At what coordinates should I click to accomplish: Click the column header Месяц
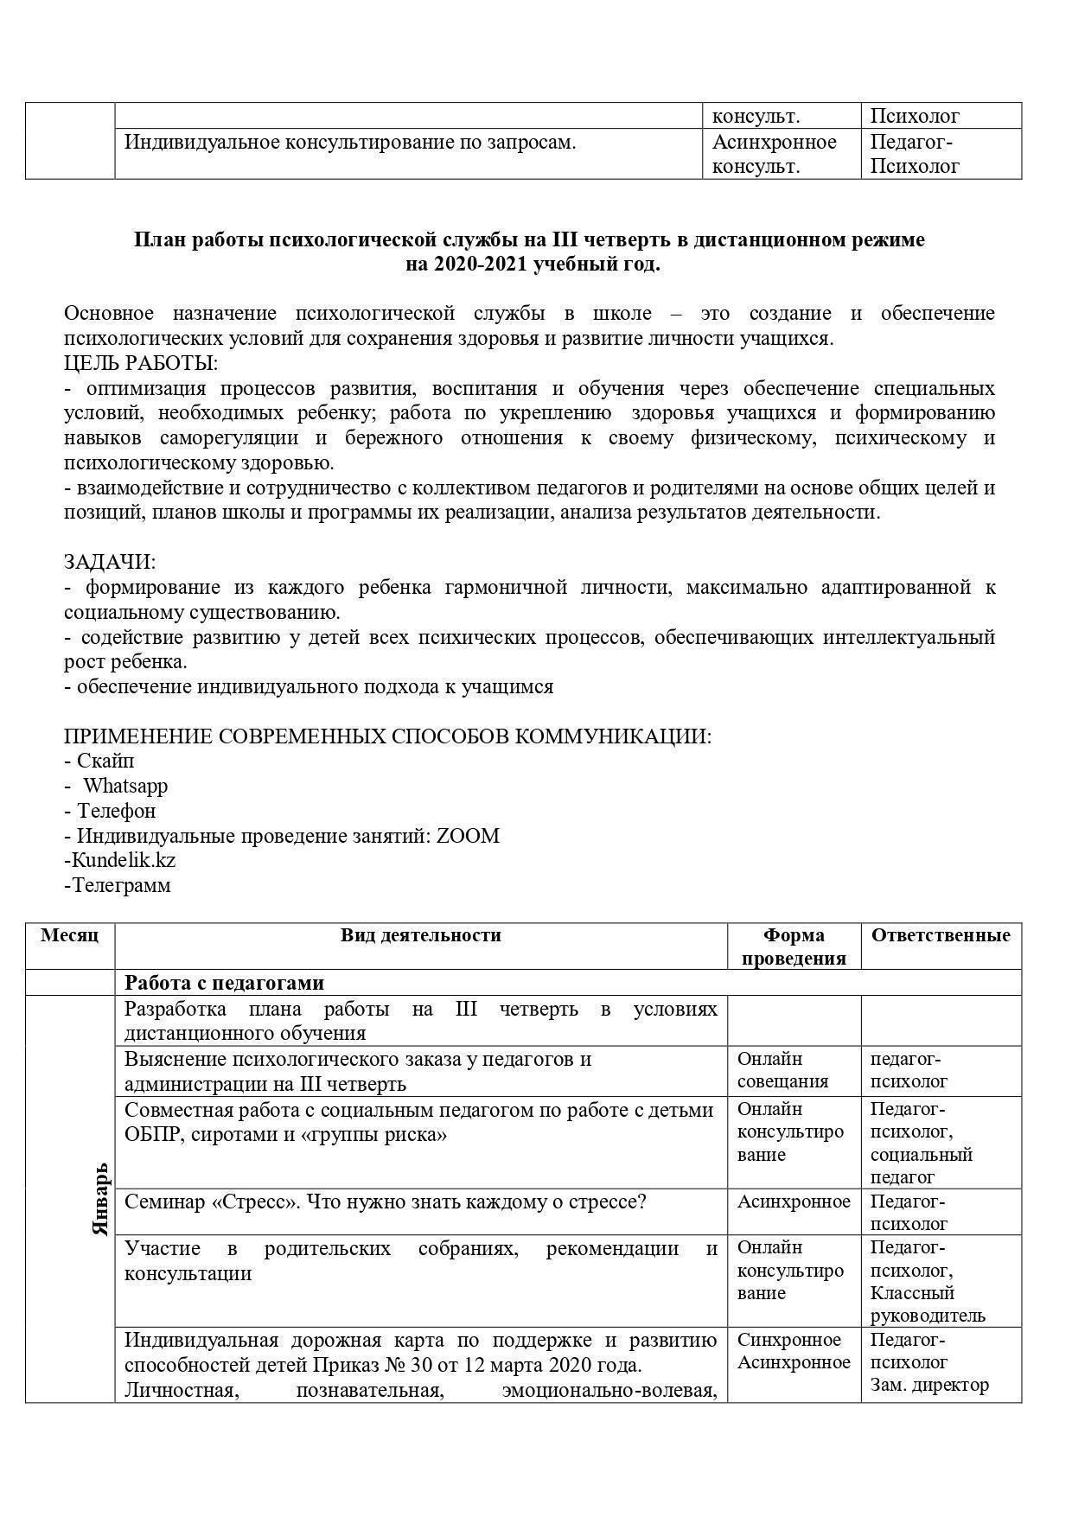[70, 935]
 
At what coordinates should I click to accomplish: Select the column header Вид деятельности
[420, 935]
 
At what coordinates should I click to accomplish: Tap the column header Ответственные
[941, 935]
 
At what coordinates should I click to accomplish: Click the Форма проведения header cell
[794, 947]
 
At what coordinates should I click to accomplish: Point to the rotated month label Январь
[100, 1198]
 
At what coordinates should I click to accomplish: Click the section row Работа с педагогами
[225, 983]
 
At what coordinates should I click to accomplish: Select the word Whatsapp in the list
[125, 786]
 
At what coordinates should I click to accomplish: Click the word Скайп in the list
[105, 761]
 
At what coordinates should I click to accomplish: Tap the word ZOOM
[468, 836]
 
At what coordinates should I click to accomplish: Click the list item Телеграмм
[120, 885]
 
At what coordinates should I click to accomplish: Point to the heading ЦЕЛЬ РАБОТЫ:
[141, 363]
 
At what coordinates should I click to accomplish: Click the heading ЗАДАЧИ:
[110, 562]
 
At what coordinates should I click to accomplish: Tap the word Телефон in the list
[116, 811]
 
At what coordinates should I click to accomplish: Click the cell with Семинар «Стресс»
[386, 1201]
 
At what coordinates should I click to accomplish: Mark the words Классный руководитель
[927, 1304]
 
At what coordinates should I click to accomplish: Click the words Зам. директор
[928, 1385]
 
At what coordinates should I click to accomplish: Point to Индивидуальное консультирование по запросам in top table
[350, 143]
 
